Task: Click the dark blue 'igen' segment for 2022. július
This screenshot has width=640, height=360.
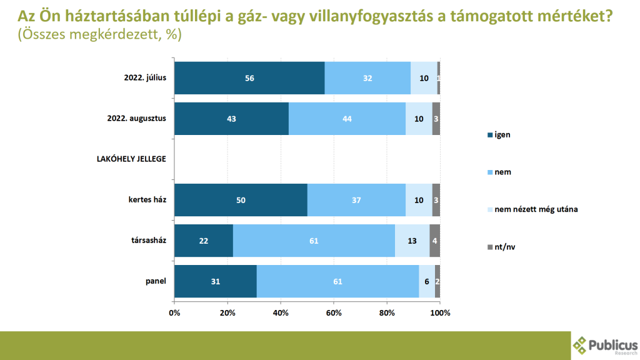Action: coord(249,78)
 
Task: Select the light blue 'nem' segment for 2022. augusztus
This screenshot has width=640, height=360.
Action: coord(347,119)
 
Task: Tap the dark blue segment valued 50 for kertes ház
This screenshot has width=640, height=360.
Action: coord(241,200)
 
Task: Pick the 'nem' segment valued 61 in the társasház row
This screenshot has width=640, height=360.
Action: coord(314,241)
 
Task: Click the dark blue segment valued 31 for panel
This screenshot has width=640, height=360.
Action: coord(216,281)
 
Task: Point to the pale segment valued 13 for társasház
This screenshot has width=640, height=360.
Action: coord(412,241)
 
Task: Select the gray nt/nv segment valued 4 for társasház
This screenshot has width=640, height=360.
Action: coord(435,241)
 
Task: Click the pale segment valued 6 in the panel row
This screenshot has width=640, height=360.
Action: coord(427,281)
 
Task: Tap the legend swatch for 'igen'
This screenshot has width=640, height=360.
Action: coord(489,134)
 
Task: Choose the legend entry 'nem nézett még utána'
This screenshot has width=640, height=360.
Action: coord(536,209)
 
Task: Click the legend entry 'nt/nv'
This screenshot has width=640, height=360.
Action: coord(504,247)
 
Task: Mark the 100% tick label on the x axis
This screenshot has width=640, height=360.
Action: coord(440,312)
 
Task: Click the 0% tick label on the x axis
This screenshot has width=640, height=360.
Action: coord(174,312)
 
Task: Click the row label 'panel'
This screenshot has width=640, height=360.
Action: coord(156,281)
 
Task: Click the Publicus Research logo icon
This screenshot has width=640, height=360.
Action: coord(581,345)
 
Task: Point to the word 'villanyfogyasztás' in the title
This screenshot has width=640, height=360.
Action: coord(379,16)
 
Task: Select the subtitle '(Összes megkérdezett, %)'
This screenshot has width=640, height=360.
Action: coord(100,35)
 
